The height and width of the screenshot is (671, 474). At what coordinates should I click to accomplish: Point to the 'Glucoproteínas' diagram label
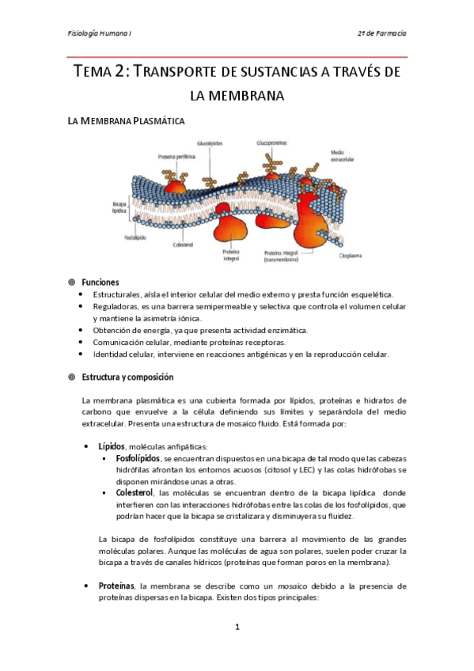271,143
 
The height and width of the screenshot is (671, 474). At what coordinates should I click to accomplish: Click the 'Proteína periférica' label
153,156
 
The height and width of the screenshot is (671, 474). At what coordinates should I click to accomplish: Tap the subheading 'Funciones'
100,282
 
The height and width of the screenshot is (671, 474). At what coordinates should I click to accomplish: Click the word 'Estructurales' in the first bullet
116,294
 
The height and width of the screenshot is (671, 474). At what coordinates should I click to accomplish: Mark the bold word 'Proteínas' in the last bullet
116,586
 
